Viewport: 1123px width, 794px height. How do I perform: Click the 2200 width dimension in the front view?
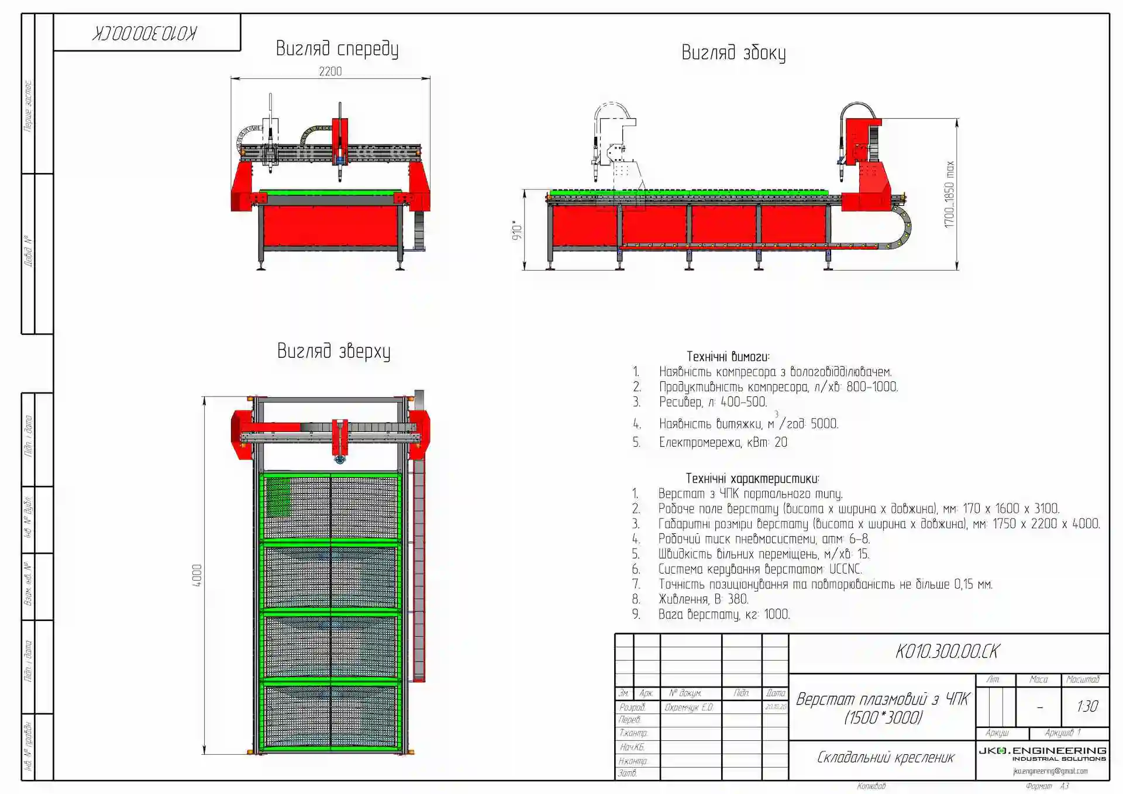click(x=330, y=71)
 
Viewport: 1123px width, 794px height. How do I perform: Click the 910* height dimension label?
click(x=517, y=230)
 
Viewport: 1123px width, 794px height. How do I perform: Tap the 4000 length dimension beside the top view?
click(x=197, y=575)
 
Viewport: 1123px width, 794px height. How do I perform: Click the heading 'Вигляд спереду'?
click(x=337, y=49)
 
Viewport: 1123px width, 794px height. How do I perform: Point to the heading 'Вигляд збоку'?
click(x=733, y=53)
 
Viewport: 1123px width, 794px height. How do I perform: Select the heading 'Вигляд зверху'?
click(x=333, y=351)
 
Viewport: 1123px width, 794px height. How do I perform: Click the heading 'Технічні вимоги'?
click(x=728, y=357)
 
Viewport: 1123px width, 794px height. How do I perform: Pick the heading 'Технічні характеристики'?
click(x=752, y=479)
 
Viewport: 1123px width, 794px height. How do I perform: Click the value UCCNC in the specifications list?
click(x=845, y=569)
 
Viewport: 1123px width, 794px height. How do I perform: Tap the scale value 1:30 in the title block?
click(x=1087, y=706)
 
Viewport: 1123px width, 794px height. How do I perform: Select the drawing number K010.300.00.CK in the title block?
click(x=948, y=652)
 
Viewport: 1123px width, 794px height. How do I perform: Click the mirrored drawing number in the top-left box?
click(x=144, y=33)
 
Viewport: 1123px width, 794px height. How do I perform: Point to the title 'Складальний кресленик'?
click(x=885, y=758)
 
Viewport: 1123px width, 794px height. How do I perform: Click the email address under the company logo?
click(x=1050, y=771)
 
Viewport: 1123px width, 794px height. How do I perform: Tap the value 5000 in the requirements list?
click(x=824, y=424)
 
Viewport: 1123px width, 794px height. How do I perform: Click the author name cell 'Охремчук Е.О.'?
click(x=689, y=707)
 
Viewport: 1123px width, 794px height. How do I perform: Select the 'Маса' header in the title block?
click(x=1038, y=679)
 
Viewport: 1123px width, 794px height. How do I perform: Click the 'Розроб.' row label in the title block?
click(x=632, y=707)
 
